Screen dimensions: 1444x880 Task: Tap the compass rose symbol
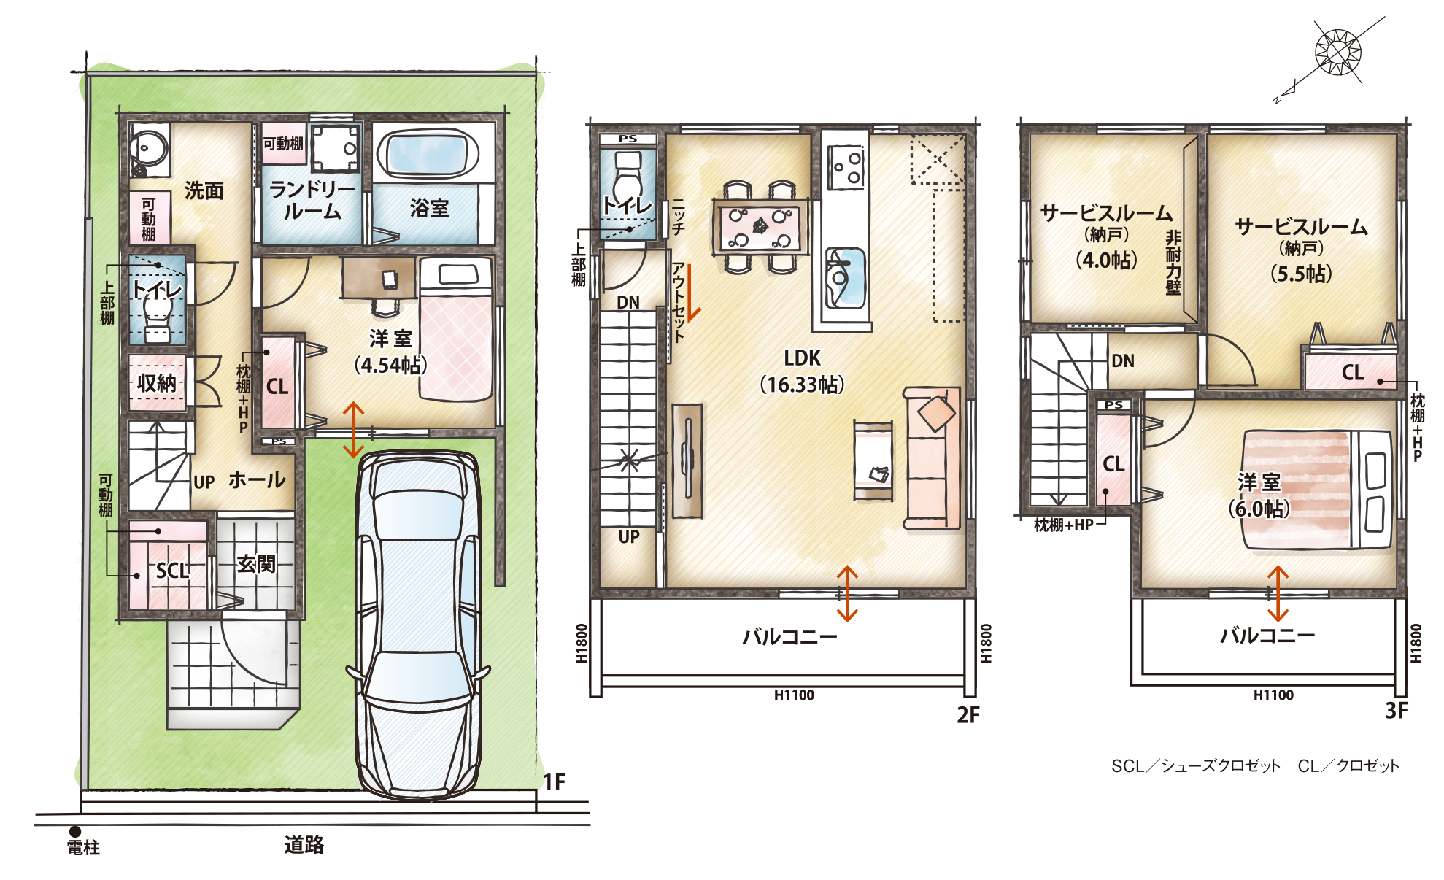click(x=1337, y=51)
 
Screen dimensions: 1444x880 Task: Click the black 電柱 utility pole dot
click(x=75, y=831)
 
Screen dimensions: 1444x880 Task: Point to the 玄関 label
click(x=256, y=563)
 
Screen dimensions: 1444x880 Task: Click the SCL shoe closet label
click(x=172, y=570)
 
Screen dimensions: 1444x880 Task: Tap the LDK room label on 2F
click(x=803, y=358)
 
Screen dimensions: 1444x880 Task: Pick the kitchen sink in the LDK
click(x=845, y=277)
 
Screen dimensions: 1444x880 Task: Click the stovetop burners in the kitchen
click(x=847, y=167)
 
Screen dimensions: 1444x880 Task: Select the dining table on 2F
click(x=761, y=226)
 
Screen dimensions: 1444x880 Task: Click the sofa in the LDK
click(x=932, y=458)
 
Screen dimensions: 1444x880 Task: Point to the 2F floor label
click(x=968, y=715)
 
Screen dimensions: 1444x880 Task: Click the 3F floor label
click(x=1397, y=711)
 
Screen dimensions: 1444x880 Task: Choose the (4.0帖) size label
click(x=1106, y=260)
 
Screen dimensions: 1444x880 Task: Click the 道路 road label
click(x=304, y=845)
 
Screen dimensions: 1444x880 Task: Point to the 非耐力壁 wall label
click(x=1173, y=262)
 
